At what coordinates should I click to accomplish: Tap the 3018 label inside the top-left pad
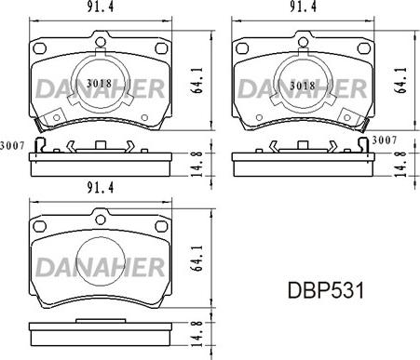tap(100, 83)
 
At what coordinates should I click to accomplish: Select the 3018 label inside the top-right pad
tap(300, 85)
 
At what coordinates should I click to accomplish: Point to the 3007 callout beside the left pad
tap(11, 144)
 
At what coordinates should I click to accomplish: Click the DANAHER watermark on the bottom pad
tap(101, 268)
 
